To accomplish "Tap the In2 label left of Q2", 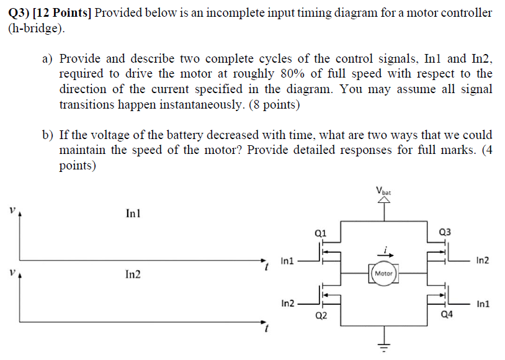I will tap(288, 304).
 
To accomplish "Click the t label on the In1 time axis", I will tap(266, 268).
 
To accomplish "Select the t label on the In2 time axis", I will tap(266, 328).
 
